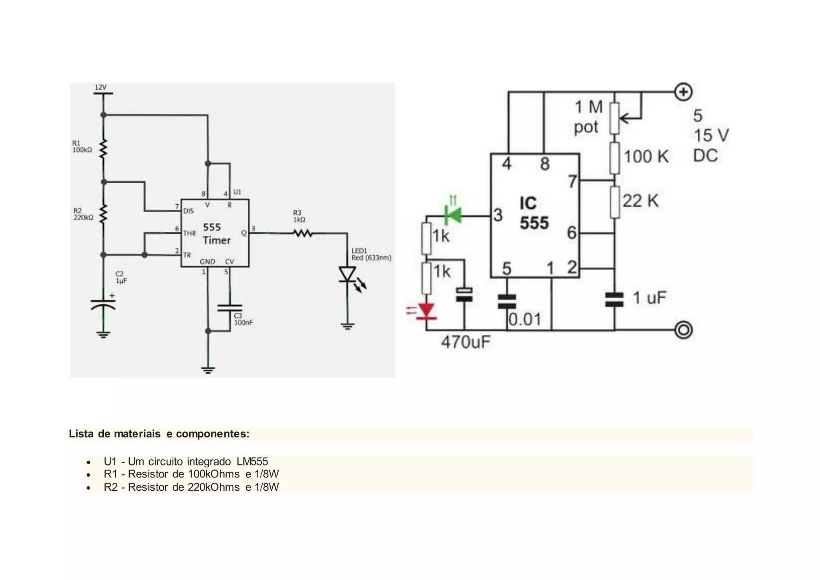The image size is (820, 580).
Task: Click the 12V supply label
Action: (x=100, y=87)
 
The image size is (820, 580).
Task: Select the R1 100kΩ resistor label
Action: (x=82, y=147)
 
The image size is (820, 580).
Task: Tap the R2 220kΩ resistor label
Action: (x=83, y=214)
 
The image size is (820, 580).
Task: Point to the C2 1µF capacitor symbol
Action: (x=103, y=304)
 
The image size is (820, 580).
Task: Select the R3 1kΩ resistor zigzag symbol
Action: (x=303, y=233)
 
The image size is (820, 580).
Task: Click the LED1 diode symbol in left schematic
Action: (x=347, y=275)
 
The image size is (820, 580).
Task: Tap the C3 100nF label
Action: (x=243, y=319)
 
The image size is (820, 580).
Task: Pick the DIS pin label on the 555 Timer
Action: (x=188, y=211)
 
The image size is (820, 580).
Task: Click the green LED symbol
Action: (x=454, y=215)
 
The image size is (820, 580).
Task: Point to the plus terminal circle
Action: (x=683, y=92)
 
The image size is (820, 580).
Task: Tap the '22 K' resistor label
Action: (x=640, y=200)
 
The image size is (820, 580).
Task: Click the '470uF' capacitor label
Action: (x=466, y=342)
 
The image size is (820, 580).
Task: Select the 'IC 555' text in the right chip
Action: (x=534, y=213)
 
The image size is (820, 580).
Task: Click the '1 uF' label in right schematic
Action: (x=649, y=298)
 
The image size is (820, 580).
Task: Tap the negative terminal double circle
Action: (x=683, y=330)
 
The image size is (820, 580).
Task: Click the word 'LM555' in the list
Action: (x=252, y=461)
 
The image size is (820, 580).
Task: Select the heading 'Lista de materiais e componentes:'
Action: (x=159, y=434)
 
